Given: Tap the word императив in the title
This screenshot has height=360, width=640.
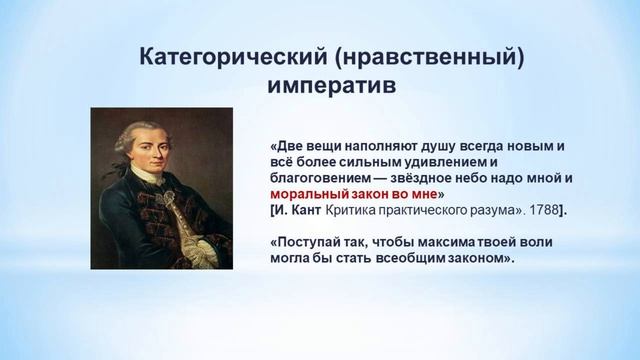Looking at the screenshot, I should click(331, 86).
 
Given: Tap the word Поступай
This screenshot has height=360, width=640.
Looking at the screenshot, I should click(311, 241).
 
